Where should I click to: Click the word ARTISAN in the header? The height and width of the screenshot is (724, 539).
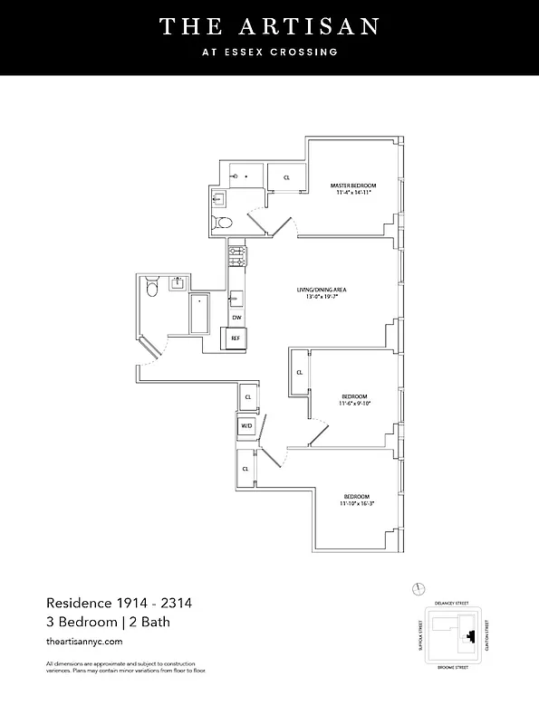click(313, 26)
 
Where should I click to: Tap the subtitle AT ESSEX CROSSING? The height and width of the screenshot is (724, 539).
click(269, 52)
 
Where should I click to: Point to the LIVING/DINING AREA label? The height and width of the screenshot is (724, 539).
click(322, 290)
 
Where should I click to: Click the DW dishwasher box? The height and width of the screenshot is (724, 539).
click(236, 318)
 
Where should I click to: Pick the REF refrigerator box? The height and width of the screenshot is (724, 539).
click(236, 338)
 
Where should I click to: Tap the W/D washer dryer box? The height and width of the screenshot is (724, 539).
click(245, 425)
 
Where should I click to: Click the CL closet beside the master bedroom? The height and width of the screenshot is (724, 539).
click(287, 178)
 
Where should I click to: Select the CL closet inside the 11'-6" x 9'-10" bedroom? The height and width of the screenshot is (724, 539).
click(299, 373)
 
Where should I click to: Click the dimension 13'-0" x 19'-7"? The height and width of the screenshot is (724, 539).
click(322, 298)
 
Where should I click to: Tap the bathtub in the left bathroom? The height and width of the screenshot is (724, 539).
click(198, 313)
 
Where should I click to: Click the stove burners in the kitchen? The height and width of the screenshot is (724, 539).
click(236, 254)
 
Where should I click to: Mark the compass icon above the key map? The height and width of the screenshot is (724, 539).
click(418, 588)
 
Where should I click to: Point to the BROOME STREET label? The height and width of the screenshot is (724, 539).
click(451, 667)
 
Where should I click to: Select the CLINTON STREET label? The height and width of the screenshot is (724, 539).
click(487, 633)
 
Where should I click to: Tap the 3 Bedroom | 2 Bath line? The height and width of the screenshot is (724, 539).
click(108, 622)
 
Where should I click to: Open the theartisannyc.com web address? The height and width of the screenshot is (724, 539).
click(82, 641)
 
